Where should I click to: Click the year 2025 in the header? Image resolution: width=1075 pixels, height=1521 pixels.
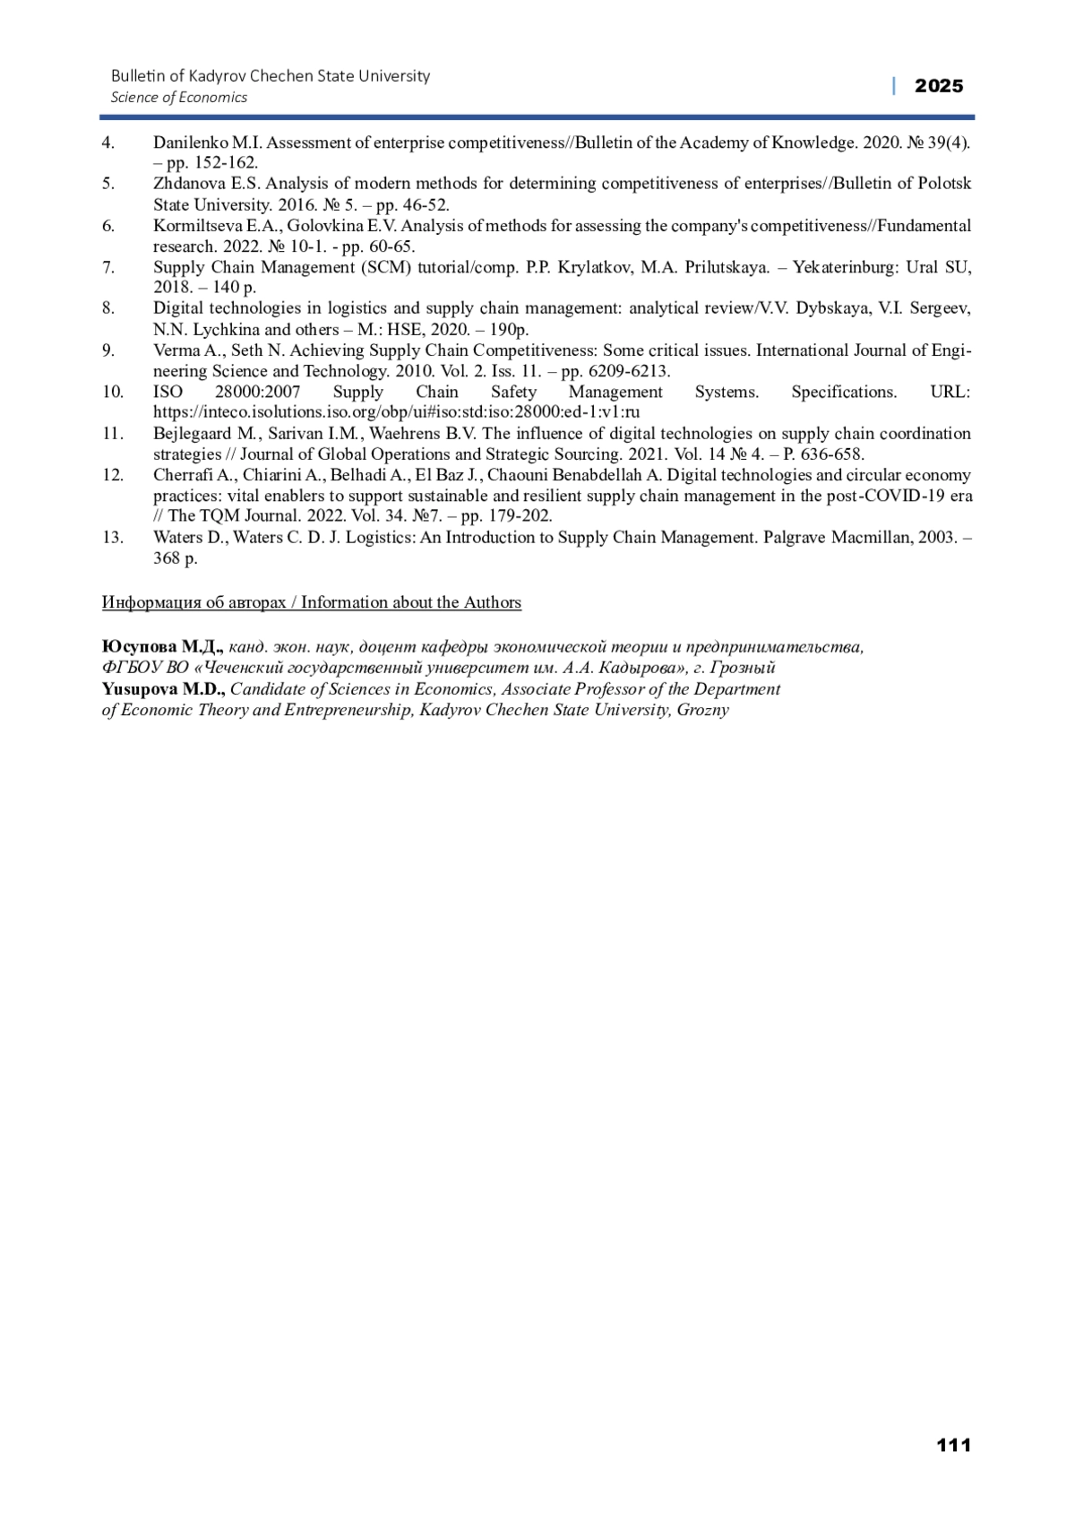click(939, 86)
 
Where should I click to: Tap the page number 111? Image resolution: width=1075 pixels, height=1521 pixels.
click(953, 1445)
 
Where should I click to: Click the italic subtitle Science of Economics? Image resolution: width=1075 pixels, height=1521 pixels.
click(178, 98)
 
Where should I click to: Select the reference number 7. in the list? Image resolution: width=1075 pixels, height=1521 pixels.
click(108, 267)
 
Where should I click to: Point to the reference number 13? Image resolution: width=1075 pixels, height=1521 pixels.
click(112, 538)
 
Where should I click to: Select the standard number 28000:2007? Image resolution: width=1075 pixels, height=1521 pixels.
click(257, 392)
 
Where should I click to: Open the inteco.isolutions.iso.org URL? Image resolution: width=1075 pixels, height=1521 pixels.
click(396, 412)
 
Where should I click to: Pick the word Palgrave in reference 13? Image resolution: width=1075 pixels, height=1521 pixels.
click(795, 538)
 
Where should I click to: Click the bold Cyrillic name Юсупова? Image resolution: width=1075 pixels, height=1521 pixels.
click(139, 646)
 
